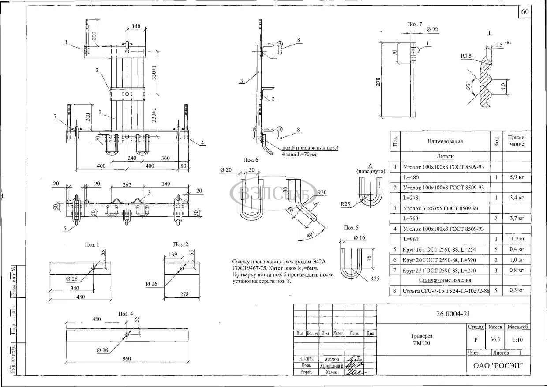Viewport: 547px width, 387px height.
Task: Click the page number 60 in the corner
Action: (525, 12)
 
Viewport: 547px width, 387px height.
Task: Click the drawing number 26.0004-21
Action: (453, 314)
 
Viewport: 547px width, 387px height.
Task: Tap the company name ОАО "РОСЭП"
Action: (498, 365)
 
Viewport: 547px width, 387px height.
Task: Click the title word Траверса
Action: (421, 336)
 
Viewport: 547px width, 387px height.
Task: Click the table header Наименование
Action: (445, 141)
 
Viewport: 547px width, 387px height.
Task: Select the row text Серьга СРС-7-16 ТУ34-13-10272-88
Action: (446, 290)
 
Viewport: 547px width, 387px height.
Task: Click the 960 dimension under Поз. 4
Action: (127, 359)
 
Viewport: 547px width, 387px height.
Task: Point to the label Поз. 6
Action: (251, 160)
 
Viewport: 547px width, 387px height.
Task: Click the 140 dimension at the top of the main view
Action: (136, 26)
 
